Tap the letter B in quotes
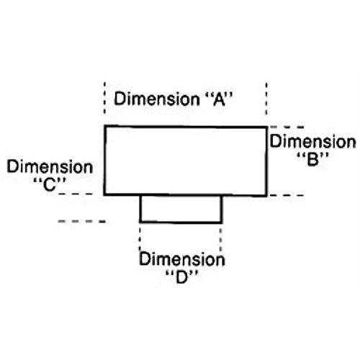[312, 159]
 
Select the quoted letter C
[50, 184]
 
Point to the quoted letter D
[181, 277]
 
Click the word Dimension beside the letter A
[156, 99]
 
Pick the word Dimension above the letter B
[312, 141]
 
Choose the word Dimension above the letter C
[50, 167]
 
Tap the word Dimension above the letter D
[182, 259]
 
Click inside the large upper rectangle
[186, 161]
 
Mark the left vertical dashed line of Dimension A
[104, 97]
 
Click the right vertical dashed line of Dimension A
[266, 99]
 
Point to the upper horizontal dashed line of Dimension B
[287, 127]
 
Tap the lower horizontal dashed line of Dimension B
[287, 195]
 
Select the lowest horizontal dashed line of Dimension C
[82, 222]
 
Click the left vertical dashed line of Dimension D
[140, 238]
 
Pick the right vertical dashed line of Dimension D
[220, 239]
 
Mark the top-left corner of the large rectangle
[104, 126]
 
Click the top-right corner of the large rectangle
[266, 127]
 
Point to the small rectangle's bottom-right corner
[222, 222]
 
